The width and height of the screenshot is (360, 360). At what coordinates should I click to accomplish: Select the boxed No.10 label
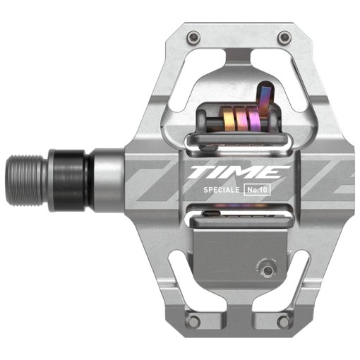258,191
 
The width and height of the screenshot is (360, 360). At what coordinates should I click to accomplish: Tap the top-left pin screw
191,36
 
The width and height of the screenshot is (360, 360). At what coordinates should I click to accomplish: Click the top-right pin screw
284,36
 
